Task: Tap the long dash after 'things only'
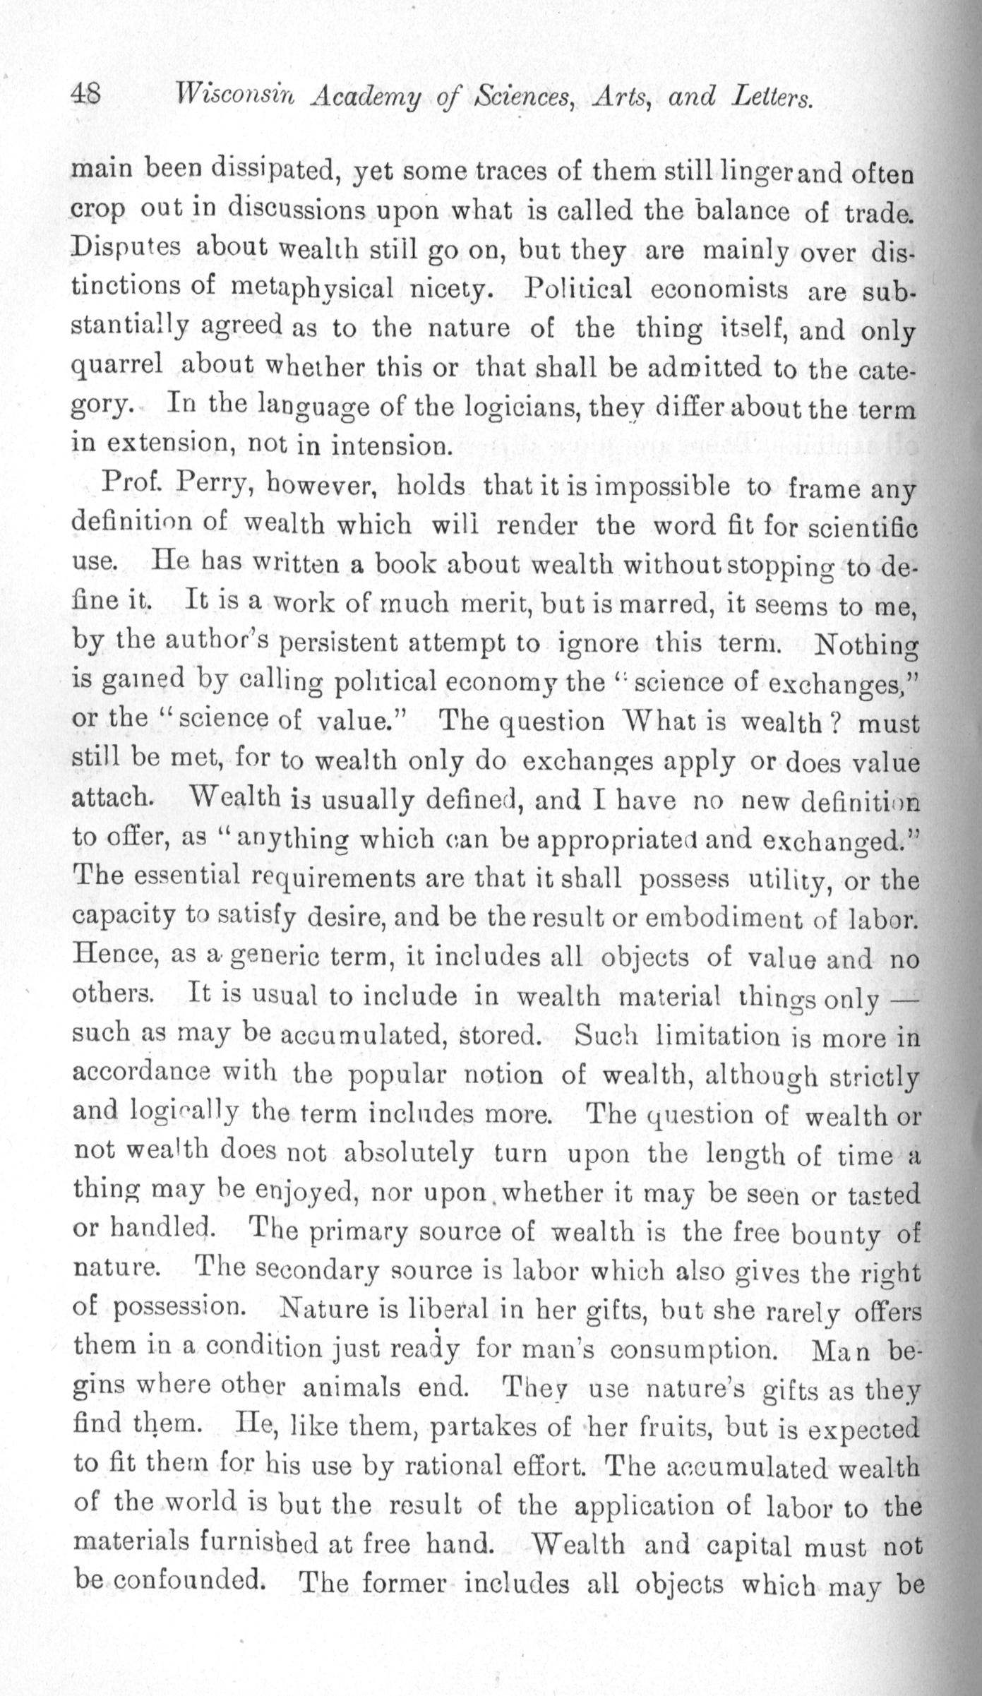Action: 903,998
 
